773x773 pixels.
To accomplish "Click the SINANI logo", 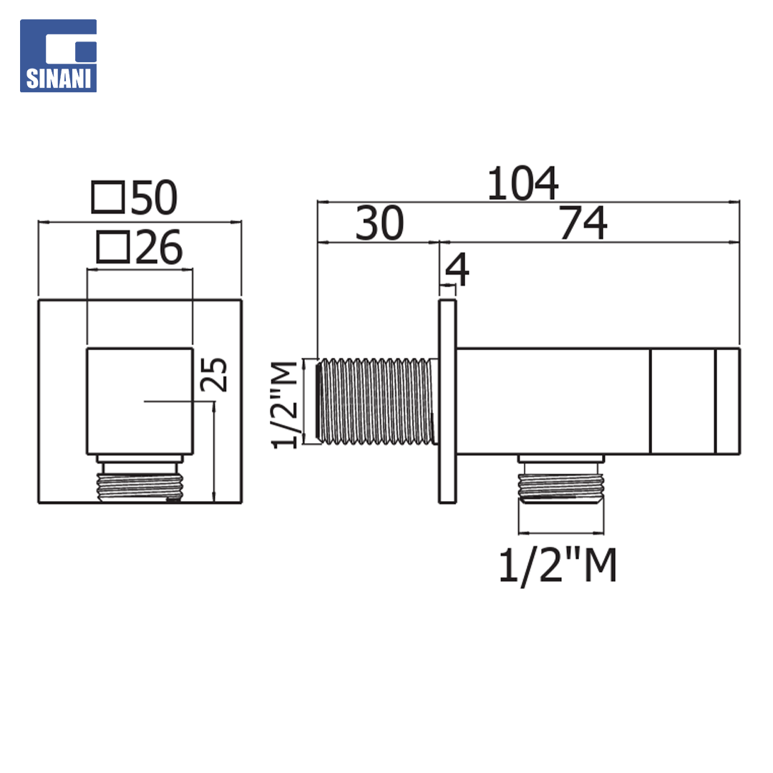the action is pos(58,56).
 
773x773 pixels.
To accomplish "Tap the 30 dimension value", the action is pos(379,223).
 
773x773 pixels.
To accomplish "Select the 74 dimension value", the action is pos(583,223).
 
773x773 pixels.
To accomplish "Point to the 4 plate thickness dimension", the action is pos(457,269).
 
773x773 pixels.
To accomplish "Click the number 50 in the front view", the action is pos(154,198).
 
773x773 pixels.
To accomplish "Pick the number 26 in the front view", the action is pos(159,248).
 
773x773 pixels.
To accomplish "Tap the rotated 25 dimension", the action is pos(214,374).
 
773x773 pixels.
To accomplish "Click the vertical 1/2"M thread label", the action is pos(285,404).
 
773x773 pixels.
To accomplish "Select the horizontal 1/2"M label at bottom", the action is pos(558,565).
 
